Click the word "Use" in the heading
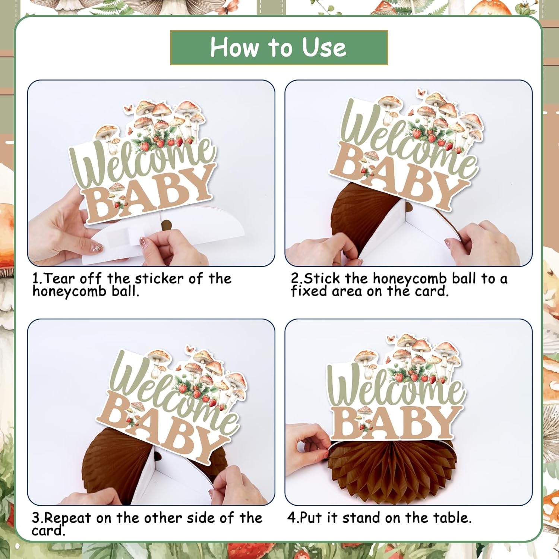[324, 48]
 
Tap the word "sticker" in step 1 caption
[159, 278]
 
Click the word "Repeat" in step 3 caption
[67, 518]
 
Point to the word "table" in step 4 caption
[452, 518]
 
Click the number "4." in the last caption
[293, 518]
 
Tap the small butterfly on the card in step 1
[129, 108]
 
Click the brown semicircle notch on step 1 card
[166, 224]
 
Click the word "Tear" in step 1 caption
[60, 278]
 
